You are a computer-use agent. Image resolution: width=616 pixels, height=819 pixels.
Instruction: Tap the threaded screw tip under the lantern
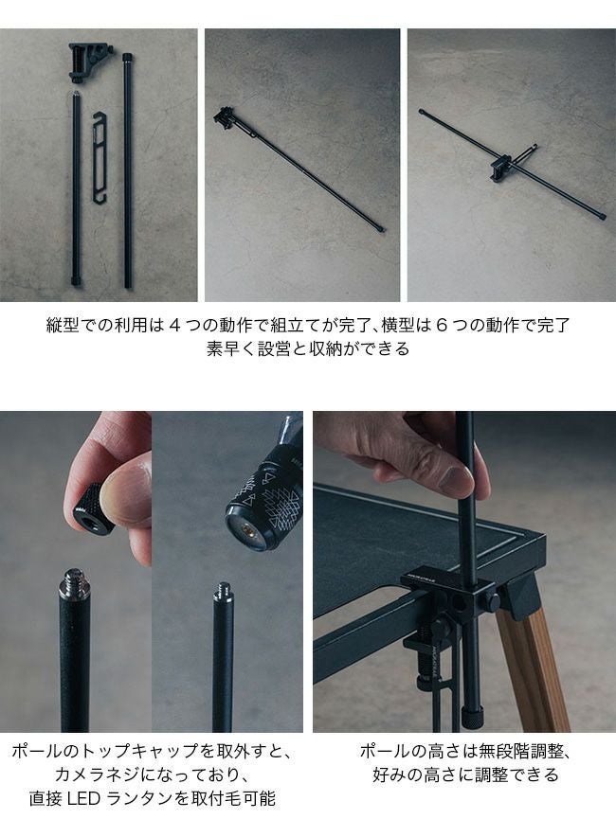(224, 592)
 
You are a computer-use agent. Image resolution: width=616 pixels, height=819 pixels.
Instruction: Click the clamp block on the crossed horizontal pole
(501, 170)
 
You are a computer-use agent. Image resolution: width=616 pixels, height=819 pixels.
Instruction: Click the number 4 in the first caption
(174, 326)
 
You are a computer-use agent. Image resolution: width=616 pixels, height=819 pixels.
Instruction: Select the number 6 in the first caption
(441, 326)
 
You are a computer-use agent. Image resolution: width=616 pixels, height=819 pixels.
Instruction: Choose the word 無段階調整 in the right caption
(521, 751)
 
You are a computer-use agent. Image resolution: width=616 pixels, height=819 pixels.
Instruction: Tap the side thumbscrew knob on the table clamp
(492, 601)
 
